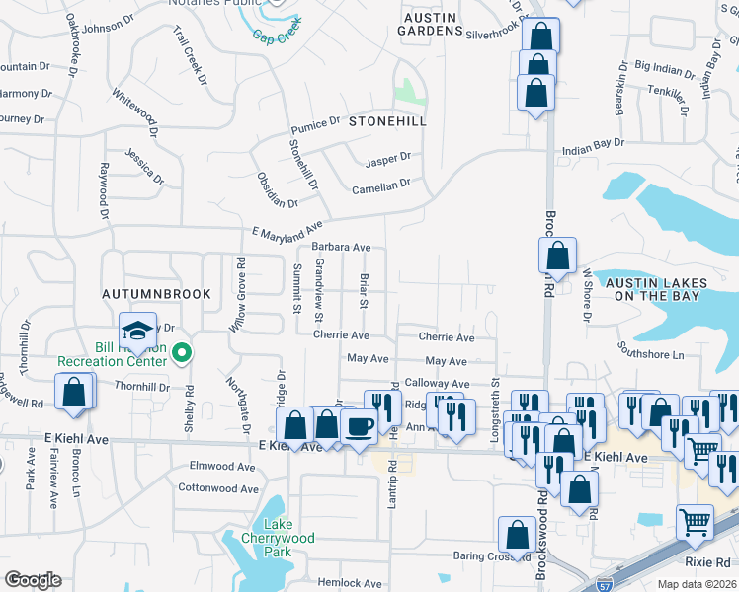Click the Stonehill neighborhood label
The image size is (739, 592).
click(x=387, y=121)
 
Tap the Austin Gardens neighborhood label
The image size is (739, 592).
click(x=430, y=24)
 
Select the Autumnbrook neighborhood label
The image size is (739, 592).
click(x=144, y=295)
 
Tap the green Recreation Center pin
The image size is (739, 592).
click(x=182, y=352)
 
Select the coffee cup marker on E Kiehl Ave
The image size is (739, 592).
click(x=359, y=425)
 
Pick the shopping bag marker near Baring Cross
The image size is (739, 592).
click(x=517, y=535)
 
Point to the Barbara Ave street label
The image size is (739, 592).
click(x=341, y=247)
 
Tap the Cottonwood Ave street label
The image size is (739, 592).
click(x=218, y=487)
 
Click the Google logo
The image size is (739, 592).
click(x=33, y=580)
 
